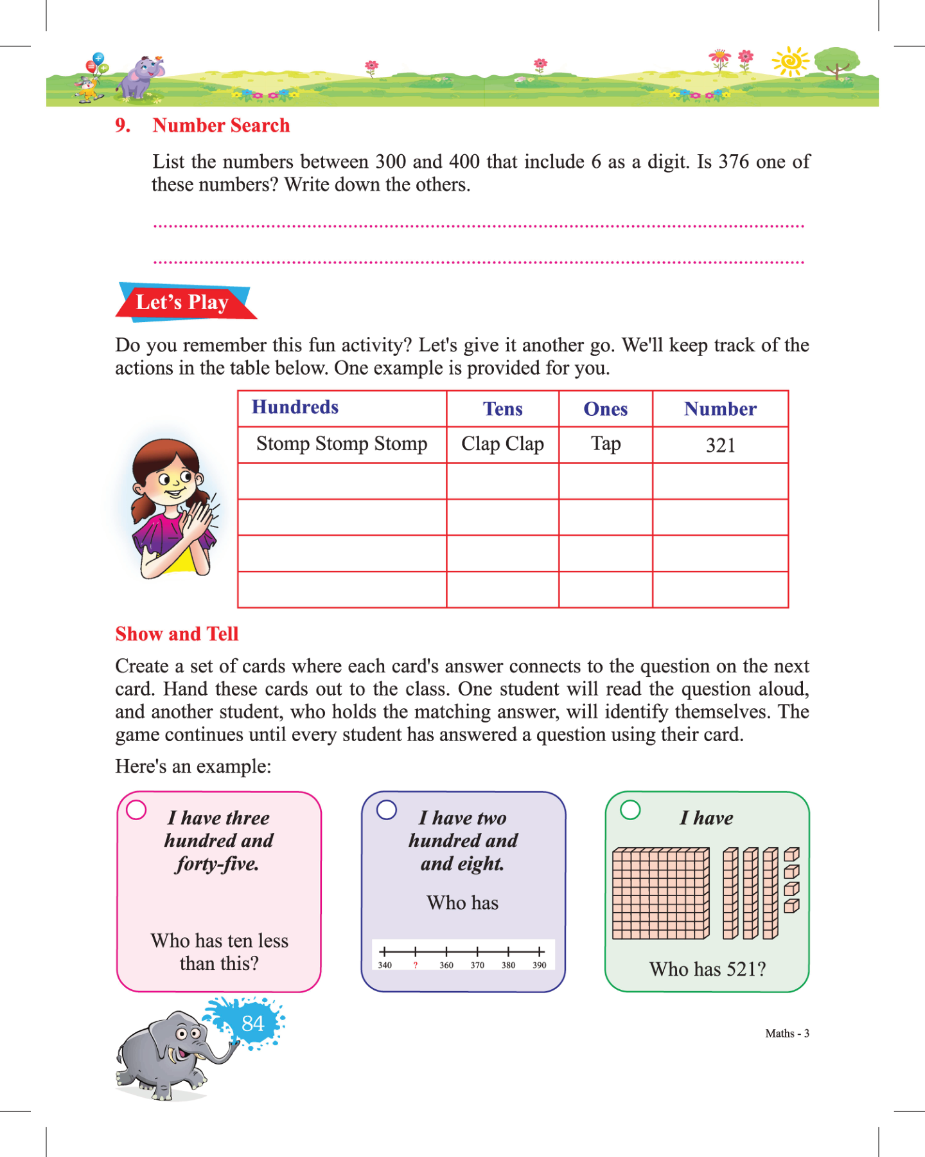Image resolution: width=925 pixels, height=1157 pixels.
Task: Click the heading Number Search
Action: (x=221, y=125)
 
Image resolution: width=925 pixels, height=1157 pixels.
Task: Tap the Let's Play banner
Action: (x=182, y=302)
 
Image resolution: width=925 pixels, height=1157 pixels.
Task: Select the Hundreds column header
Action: (x=295, y=408)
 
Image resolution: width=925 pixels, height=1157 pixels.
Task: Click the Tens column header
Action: (x=502, y=409)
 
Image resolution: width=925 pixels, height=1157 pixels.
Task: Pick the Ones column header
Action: (x=605, y=409)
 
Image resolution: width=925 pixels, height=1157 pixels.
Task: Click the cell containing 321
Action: (x=720, y=445)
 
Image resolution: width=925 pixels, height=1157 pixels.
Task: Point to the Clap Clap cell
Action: (x=502, y=444)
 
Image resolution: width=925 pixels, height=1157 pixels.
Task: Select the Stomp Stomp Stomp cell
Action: (x=342, y=444)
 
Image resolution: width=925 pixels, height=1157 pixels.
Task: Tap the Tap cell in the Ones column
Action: (x=606, y=444)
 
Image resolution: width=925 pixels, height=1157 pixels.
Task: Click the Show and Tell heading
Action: (x=177, y=634)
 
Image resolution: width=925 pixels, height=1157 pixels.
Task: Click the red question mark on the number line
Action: (x=416, y=965)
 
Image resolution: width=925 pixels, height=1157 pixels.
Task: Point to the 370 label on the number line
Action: (x=477, y=965)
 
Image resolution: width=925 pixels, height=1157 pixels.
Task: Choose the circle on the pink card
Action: (x=136, y=810)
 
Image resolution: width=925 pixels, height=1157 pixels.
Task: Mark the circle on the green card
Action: (x=630, y=810)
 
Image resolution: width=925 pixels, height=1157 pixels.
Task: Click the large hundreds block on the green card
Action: (x=660, y=893)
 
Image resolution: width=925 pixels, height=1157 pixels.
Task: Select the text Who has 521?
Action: (x=707, y=969)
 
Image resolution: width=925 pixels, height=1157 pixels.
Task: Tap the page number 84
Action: (x=252, y=1023)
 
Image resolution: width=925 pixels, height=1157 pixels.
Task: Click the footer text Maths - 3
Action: (x=787, y=1034)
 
